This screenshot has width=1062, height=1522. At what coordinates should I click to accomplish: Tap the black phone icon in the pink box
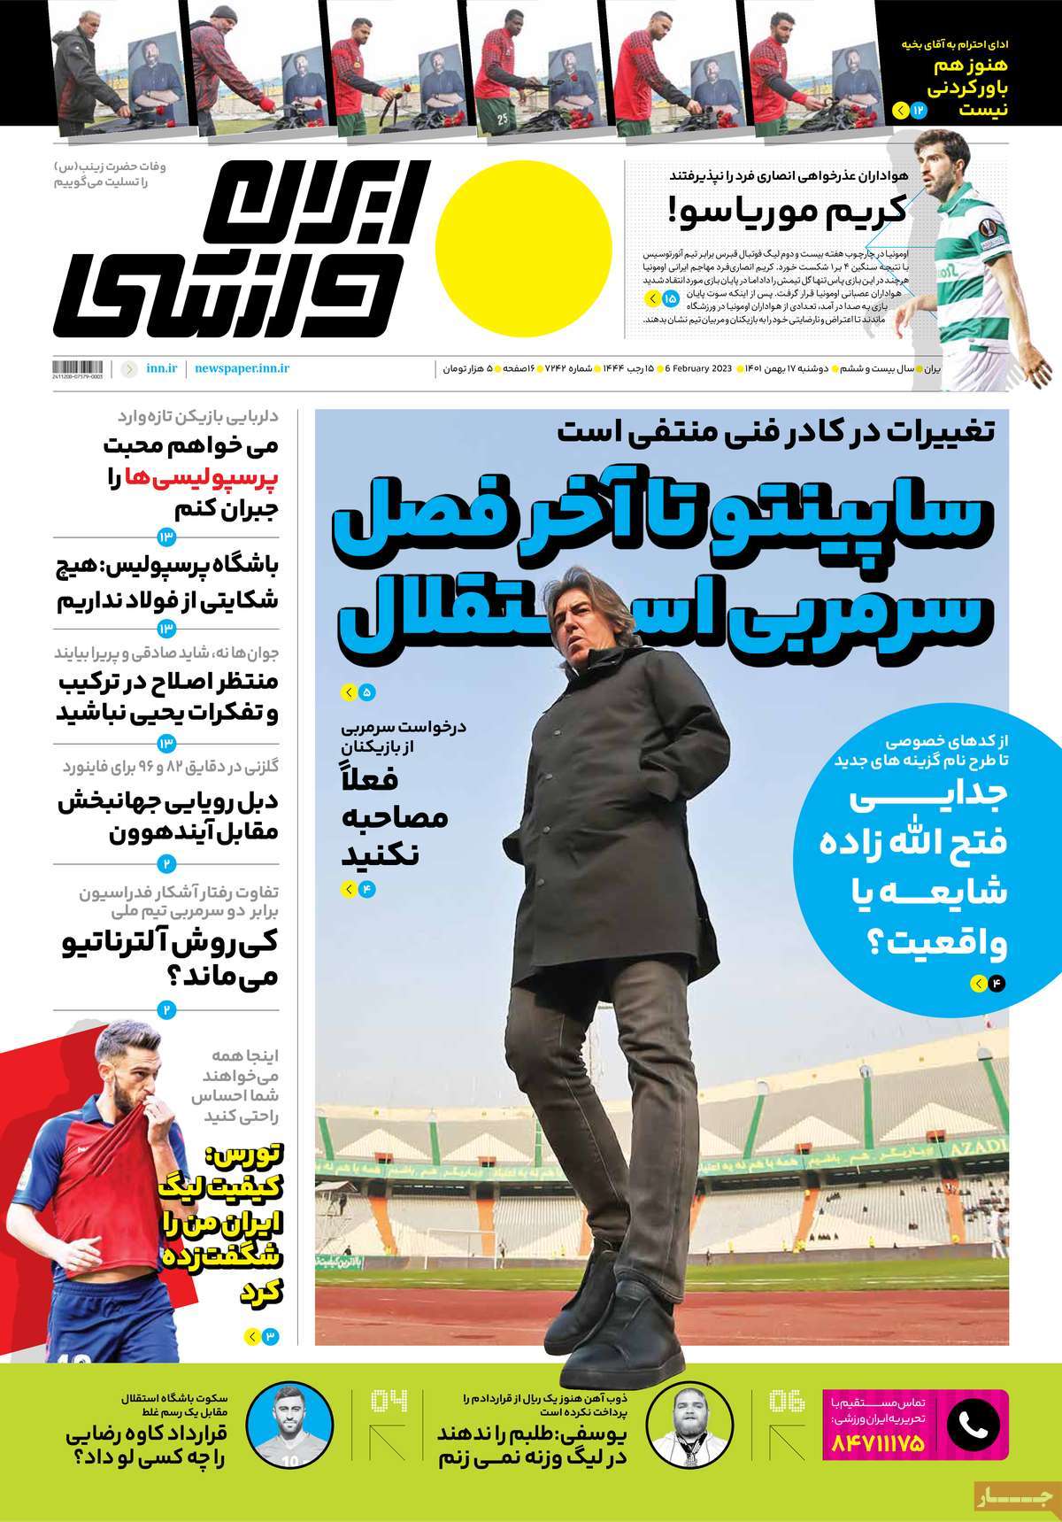pos(973,1425)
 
